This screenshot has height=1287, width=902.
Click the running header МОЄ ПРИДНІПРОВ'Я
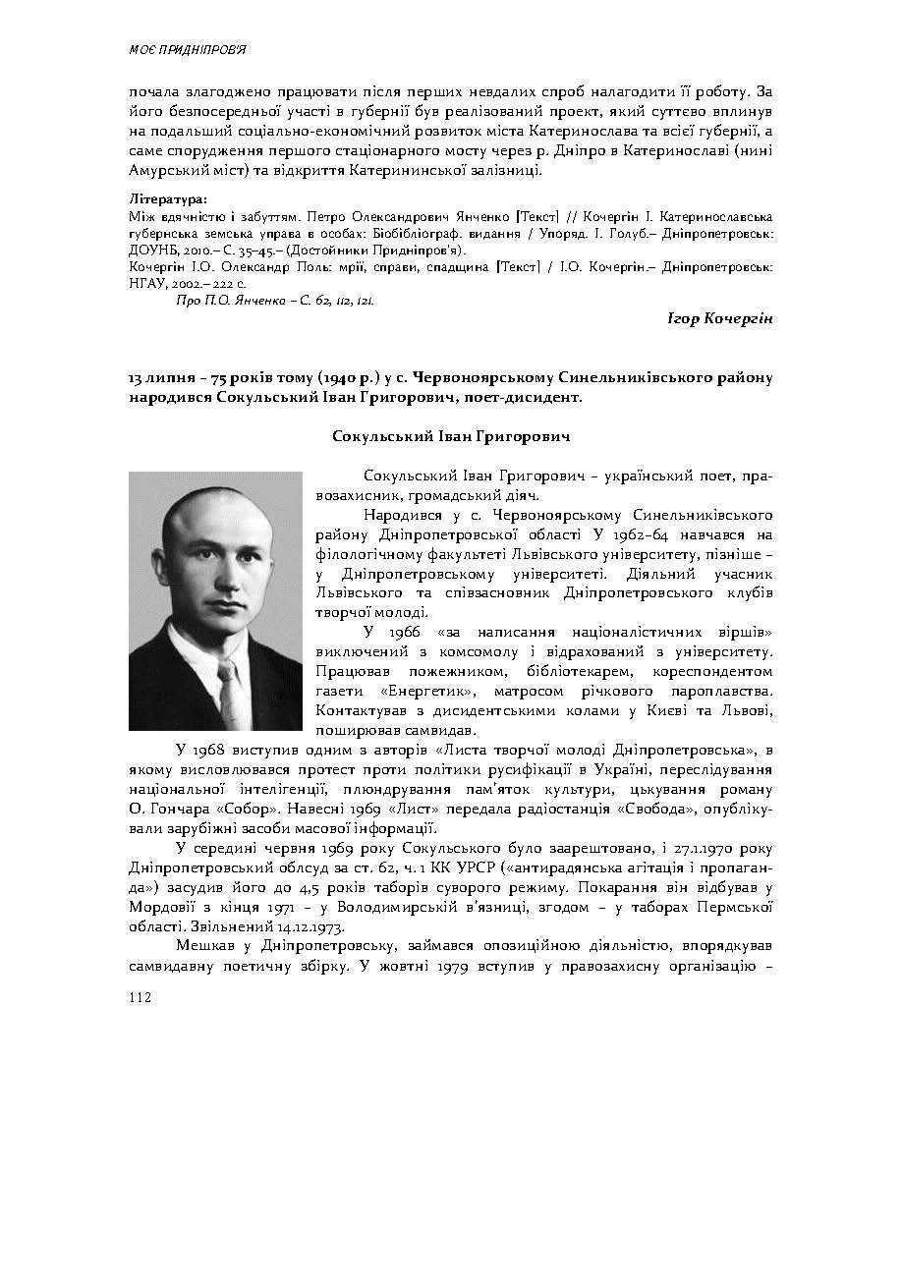pos(187,49)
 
